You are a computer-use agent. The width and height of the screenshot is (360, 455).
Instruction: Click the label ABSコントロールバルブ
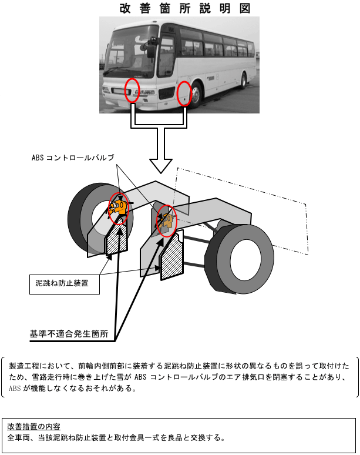pos(73,158)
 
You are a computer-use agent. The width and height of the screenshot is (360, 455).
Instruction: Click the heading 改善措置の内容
pos(33,426)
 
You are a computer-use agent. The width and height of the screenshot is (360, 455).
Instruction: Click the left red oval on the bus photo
pos(133,89)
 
